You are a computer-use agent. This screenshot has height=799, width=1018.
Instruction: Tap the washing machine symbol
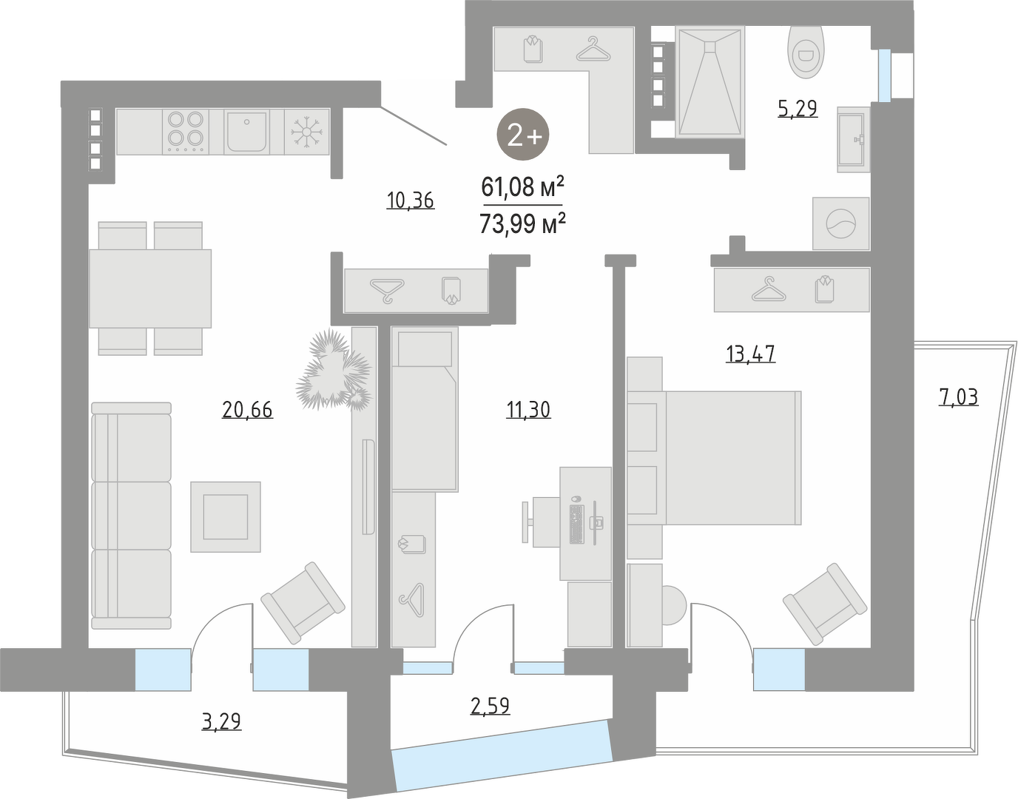pyautogui.click(x=841, y=223)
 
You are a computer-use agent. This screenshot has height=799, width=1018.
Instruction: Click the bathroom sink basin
pyautogui.click(x=854, y=139)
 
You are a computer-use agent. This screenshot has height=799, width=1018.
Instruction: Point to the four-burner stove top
pyautogui.click(x=186, y=132)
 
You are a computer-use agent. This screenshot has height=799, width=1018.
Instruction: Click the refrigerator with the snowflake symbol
pyautogui.click(x=307, y=132)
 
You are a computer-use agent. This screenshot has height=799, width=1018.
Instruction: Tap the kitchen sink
pyautogui.click(x=246, y=132)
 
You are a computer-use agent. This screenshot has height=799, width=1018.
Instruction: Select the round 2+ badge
pyautogui.click(x=523, y=135)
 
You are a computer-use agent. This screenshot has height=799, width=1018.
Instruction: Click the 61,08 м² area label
pyautogui.click(x=522, y=187)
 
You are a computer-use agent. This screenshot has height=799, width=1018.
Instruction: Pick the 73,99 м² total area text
pyautogui.click(x=522, y=223)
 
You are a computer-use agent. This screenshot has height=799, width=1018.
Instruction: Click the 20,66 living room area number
pyautogui.click(x=247, y=410)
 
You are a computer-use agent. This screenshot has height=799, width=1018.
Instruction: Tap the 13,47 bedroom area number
pyautogui.click(x=750, y=354)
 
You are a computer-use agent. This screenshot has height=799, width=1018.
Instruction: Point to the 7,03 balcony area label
pyautogui.click(x=959, y=397)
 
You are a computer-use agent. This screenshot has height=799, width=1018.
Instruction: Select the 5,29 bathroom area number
pyautogui.click(x=798, y=109)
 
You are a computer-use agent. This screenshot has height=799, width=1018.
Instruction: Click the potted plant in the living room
pyautogui.click(x=334, y=370)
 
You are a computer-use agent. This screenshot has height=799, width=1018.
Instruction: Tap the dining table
pyautogui.click(x=150, y=289)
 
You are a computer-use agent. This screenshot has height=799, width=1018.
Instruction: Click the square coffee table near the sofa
pyautogui.click(x=226, y=517)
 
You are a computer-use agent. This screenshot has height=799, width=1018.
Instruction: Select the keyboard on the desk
pyautogui.click(x=577, y=524)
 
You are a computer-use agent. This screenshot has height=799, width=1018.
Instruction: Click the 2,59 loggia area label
pyautogui.click(x=490, y=706)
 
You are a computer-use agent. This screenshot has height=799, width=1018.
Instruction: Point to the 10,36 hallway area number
pyautogui.click(x=411, y=200)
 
